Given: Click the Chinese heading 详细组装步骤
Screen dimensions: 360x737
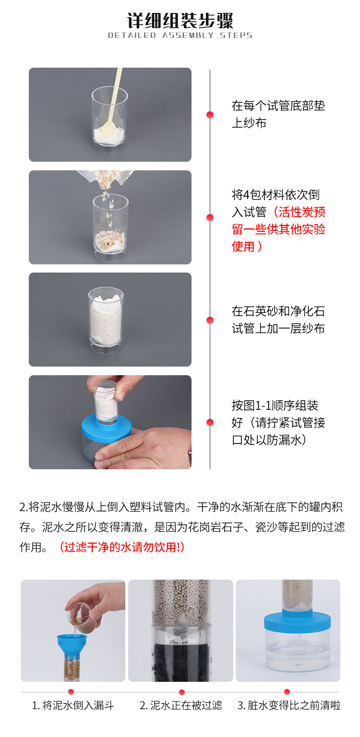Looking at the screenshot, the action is pyautogui.click(x=180, y=21).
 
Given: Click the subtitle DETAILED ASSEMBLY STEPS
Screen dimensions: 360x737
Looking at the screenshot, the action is pyautogui.click(x=180, y=35).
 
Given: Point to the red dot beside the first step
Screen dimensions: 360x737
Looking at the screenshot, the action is pyautogui.click(x=210, y=115).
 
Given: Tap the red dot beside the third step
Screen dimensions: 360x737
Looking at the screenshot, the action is pyautogui.click(x=210, y=320).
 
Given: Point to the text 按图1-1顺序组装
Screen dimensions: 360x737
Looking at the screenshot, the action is pyautogui.click(x=275, y=405).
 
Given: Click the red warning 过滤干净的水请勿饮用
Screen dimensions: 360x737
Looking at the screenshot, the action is pyautogui.click(x=121, y=547).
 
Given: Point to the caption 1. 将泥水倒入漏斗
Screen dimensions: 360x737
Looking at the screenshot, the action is pyautogui.click(x=73, y=705).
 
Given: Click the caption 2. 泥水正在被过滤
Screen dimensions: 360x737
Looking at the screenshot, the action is pyautogui.click(x=180, y=705).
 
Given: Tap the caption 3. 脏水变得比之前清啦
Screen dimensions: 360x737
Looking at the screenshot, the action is pyautogui.click(x=289, y=705).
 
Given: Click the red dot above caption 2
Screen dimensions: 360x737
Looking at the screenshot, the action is pyautogui.click(x=181, y=692).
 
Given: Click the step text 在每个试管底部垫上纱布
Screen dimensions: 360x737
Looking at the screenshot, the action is pyautogui.click(x=278, y=114).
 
